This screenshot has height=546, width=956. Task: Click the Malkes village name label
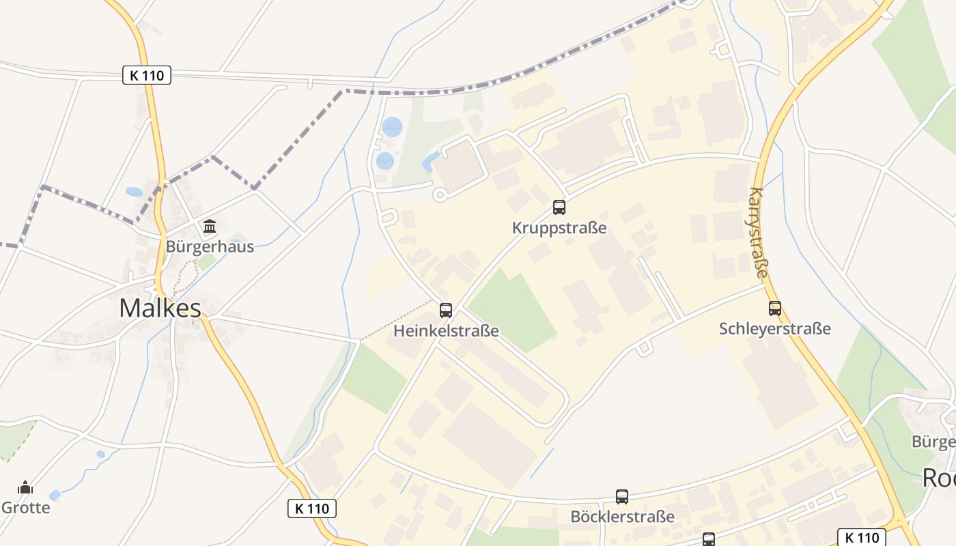pos(160,308)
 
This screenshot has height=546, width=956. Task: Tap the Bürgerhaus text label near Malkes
pos(210,246)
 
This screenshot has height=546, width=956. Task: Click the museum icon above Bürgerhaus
pos(210,226)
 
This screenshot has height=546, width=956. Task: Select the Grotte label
pos(25,508)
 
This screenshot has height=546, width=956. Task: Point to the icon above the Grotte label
pos(25,487)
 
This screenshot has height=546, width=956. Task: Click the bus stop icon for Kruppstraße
pos(559,207)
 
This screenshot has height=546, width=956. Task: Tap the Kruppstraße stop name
pos(559,228)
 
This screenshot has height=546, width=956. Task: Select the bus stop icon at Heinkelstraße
pos(446,311)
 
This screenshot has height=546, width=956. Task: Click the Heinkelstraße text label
pos(446,331)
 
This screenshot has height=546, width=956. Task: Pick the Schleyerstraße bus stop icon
pos(774,308)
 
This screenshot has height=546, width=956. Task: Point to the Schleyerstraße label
pos(774,329)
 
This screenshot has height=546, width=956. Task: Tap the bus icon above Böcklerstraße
pos(622,497)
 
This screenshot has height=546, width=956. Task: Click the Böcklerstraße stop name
pos(622,517)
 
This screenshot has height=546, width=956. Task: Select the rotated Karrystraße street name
pos(758,232)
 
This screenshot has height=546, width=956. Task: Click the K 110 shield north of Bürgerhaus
pos(147,75)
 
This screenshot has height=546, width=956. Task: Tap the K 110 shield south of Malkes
pos(312,508)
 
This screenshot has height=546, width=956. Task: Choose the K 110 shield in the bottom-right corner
pos(862,537)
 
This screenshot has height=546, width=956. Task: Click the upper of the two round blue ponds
pos(392,127)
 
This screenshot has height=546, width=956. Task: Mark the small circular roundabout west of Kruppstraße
pos(440,195)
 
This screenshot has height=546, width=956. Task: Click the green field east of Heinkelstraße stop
pos(514,311)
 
